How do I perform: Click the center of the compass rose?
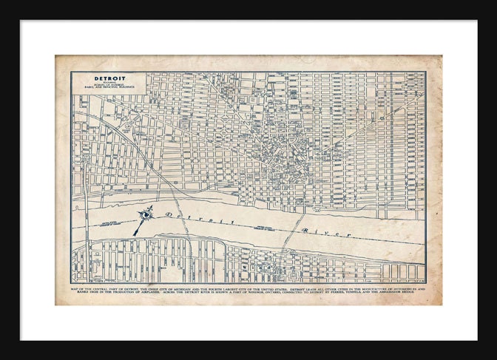147,214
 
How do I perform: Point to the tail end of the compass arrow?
135,234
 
